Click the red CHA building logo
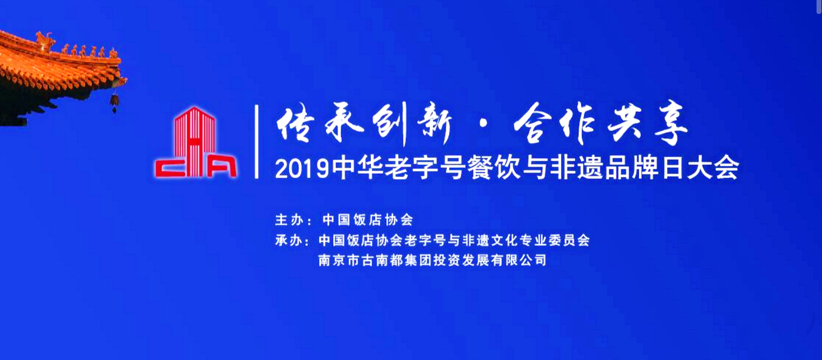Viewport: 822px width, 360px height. coord(196,142)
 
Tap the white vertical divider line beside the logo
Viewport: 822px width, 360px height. coord(257,142)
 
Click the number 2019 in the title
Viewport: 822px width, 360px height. coord(302,169)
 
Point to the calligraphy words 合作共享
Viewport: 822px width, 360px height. coord(600,123)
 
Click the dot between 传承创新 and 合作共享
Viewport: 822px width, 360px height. coord(483,124)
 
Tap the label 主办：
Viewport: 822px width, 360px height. coord(293,220)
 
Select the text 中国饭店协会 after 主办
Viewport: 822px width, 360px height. coord(368,220)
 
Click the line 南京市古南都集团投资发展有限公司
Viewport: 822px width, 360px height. coord(432,260)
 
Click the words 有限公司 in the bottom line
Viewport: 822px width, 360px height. coord(519,260)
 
